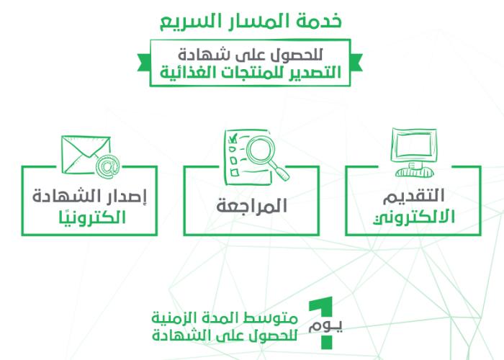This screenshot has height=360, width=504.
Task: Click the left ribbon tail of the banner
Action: (x=144, y=63)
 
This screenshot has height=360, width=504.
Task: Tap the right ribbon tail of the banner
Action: (x=356, y=63)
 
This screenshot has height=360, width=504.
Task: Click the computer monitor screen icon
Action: (x=414, y=144)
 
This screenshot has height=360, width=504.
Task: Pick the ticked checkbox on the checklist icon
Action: (x=233, y=139)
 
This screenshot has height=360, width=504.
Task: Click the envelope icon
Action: (x=86, y=155)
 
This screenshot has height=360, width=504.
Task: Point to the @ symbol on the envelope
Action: (x=107, y=165)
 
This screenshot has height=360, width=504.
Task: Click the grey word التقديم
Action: (x=414, y=196)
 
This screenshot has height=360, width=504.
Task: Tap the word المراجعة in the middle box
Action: (x=251, y=206)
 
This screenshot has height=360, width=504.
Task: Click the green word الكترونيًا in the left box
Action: (x=92, y=217)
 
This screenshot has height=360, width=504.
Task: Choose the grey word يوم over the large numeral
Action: (x=325, y=326)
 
